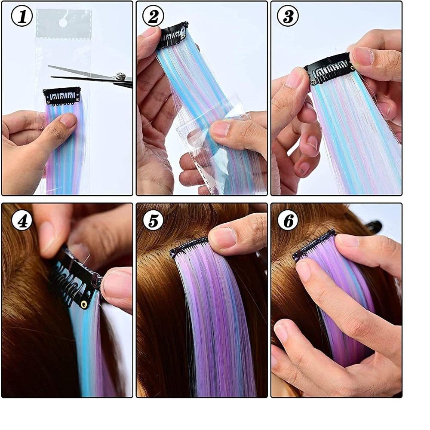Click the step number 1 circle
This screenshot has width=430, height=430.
pyautogui.click(x=21, y=17)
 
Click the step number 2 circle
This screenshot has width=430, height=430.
pyautogui.click(x=154, y=17)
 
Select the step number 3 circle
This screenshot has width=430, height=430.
pyautogui.click(x=288, y=17)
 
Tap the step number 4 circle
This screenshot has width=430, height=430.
pyautogui.click(x=21, y=221)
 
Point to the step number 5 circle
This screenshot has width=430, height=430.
pyautogui.click(x=154, y=221)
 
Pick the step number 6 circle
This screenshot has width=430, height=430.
pyautogui.click(x=288, y=221)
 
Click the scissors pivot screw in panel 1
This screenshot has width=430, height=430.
pyautogui.click(x=121, y=77)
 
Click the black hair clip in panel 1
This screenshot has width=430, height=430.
pyautogui.click(x=62, y=95)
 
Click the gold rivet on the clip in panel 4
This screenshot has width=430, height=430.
pyautogui.click(x=83, y=304)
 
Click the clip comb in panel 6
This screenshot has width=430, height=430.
pyautogui.click(x=314, y=245)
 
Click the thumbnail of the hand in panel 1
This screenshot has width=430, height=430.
pyautogui.click(x=68, y=121)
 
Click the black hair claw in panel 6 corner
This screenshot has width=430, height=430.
pyautogui.click(x=374, y=226)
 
